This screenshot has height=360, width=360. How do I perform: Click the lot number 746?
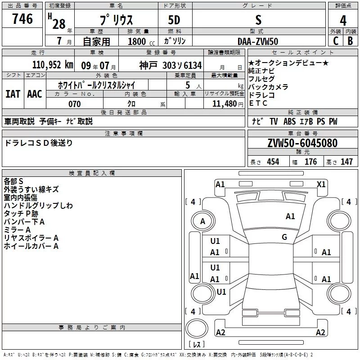(22, 18)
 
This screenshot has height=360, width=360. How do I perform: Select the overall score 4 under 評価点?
(343, 20)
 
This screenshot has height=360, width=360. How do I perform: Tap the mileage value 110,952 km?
(53, 65)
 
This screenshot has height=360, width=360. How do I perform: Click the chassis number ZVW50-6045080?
(302, 143)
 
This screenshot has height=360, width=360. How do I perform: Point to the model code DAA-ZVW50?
(258, 41)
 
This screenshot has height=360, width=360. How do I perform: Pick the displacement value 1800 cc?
(141, 41)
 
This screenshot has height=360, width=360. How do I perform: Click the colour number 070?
(75, 104)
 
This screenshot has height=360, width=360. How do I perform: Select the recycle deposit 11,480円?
(228, 104)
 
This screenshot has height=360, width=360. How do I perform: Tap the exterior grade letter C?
(336, 41)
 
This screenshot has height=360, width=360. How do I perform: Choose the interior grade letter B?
(351, 41)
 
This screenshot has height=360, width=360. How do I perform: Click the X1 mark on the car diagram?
(321, 184)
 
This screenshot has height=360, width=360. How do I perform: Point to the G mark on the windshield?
(284, 237)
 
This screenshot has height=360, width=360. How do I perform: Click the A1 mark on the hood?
(290, 216)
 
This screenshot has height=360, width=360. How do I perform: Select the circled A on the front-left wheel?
(203, 221)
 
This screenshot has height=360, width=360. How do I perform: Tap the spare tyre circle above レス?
(197, 328)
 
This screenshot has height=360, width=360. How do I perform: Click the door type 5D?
(174, 20)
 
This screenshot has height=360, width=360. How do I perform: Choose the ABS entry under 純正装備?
(289, 121)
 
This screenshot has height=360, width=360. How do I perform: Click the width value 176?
(310, 162)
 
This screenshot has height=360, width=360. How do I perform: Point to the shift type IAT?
(13, 94)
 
